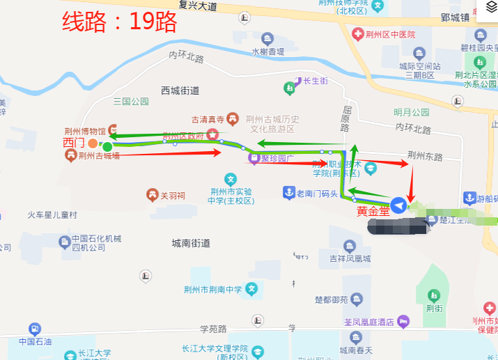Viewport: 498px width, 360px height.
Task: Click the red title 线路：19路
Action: point(120,22)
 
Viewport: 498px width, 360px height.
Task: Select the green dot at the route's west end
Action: point(107,146)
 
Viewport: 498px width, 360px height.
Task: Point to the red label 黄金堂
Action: point(373,210)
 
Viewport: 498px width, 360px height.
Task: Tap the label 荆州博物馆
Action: point(84,130)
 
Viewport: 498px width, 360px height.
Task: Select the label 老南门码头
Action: point(317,193)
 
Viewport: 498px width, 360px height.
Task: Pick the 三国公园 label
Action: point(131,102)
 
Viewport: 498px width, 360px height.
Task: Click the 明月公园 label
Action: point(412,112)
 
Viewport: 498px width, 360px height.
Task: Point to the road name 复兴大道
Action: point(198,6)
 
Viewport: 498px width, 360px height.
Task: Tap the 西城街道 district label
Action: point(180,91)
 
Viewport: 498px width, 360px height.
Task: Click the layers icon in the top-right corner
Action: point(488,15)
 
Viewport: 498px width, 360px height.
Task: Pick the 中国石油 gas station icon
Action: point(34,329)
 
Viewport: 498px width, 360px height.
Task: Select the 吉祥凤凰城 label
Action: point(350,259)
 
